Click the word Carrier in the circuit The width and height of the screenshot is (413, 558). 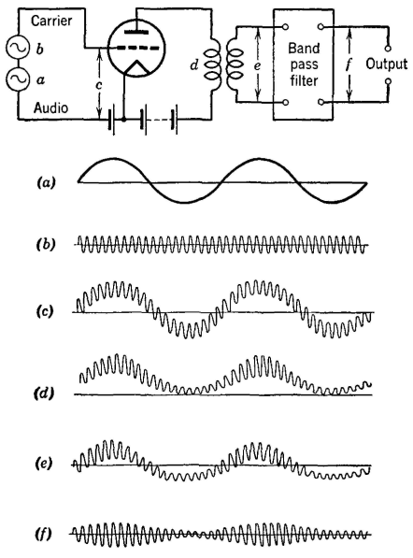[51, 21]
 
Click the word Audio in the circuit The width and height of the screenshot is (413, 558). [50, 107]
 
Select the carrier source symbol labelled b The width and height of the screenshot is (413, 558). [17, 48]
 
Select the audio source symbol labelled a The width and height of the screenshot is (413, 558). [17, 79]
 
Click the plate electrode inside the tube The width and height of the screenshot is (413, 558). [135, 32]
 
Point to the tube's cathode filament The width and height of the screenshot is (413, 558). [135, 68]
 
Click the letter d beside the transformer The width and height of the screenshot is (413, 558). [193, 65]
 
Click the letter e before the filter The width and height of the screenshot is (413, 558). [257, 65]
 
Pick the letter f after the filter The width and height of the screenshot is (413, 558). [349, 65]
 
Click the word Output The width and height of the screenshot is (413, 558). [387, 64]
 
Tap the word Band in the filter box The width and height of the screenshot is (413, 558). [304, 48]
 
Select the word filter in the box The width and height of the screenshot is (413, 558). [304, 80]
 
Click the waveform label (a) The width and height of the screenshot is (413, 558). [46, 183]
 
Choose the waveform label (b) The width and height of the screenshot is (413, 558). [46, 245]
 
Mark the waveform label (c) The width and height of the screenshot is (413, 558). [45, 311]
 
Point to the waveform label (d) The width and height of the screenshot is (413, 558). [44, 393]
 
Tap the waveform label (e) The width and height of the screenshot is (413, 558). [44, 464]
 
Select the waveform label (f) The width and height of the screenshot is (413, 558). [44, 534]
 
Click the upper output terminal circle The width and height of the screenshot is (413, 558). [389, 48]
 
